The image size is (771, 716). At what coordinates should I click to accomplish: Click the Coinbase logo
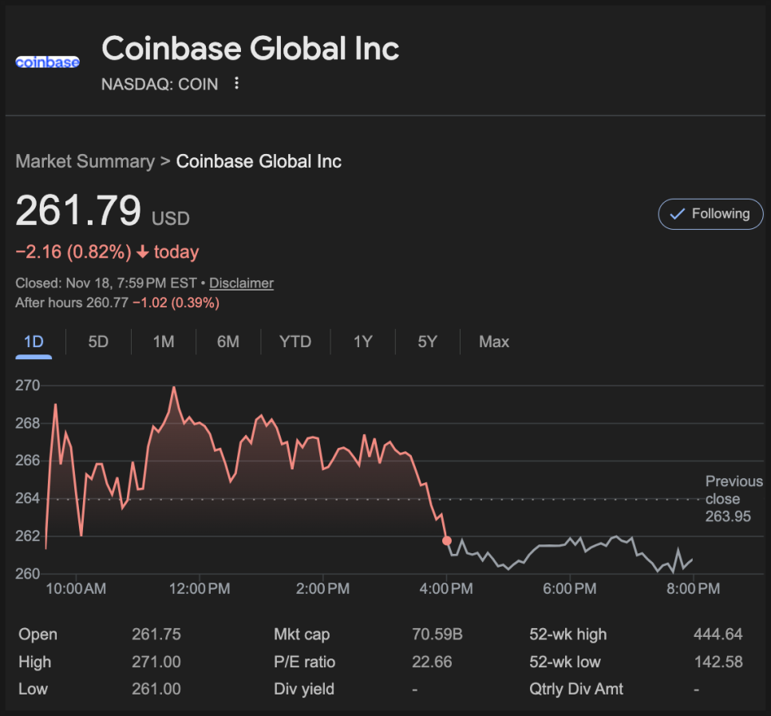[47, 62]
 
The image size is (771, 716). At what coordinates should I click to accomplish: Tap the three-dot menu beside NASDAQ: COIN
[236, 83]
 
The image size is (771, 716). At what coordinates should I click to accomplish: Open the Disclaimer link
[241, 283]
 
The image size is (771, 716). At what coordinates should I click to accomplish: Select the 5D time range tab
[98, 342]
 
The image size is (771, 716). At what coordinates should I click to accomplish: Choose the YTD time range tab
[295, 342]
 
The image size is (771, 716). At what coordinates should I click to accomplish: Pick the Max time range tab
[494, 342]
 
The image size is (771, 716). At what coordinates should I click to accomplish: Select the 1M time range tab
[164, 342]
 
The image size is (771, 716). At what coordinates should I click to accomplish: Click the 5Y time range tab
[428, 342]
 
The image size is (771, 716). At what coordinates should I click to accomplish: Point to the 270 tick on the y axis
[27, 386]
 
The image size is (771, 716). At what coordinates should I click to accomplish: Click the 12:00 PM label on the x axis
[199, 590]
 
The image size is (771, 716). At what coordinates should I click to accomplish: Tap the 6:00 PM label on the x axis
[569, 590]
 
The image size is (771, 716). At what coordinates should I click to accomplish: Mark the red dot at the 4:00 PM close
[446, 541]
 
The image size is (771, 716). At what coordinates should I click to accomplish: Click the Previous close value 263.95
[728, 516]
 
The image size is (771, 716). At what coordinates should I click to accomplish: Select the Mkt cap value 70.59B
[437, 635]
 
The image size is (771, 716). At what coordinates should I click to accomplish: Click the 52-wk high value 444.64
[718, 635]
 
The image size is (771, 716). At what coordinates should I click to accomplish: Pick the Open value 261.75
[156, 635]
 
